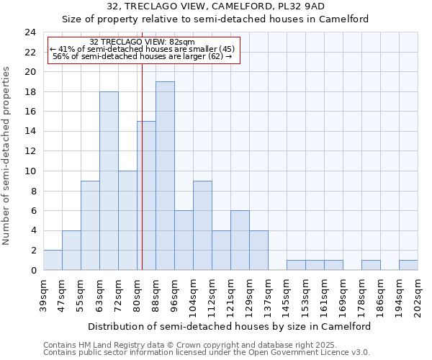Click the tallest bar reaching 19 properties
click(x=165, y=176)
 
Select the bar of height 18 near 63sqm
click(x=109, y=181)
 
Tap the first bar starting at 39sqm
click(x=53, y=260)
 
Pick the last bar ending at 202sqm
click(x=408, y=265)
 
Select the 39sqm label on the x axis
click(x=44, y=294)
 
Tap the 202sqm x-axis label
click(x=418, y=294)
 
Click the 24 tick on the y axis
click(x=30, y=32)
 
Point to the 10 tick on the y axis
click(x=30, y=171)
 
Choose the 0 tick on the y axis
click(x=33, y=270)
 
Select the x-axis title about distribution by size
click(x=230, y=326)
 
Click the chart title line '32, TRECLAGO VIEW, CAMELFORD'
click(x=215, y=6)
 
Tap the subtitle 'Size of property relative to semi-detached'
click(x=215, y=19)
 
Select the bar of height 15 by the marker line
click(x=146, y=196)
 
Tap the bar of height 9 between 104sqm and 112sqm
click(x=202, y=225)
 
